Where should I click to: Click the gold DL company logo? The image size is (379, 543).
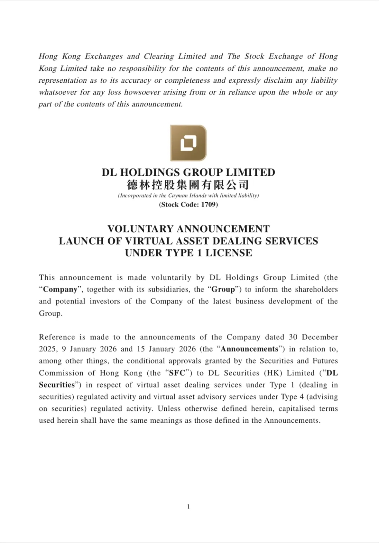pyautogui.click(x=188, y=143)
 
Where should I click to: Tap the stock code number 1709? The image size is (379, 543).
pyautogui.click(x=208, y=205)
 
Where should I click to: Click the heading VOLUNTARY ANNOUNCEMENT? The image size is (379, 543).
pyautogui.click(x=188, y=229)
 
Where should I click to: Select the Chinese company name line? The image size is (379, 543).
pyautogui.click(x=188, y=185)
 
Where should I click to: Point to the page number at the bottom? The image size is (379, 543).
pyautogui.click(x=188, y=506)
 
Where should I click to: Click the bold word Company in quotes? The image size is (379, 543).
pyautogui.click(x=60, y=289)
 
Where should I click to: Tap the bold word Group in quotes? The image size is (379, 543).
pyautogui.click(x=223, y=289)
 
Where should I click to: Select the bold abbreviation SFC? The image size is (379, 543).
pyautogui.click(x=177, y=373)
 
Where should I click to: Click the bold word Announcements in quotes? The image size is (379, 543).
pyautogui.click(x=249, y=349)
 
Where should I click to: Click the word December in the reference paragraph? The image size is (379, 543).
pyautogui.click(x=320, y=337)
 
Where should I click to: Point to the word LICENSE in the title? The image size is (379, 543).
pyautogui.click(x=228, y=253)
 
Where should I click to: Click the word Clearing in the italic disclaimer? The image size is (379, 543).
pyautogui.click(x=159, y=57)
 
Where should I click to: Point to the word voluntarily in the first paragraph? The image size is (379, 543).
pyautogui.click(x=171, y=277)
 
